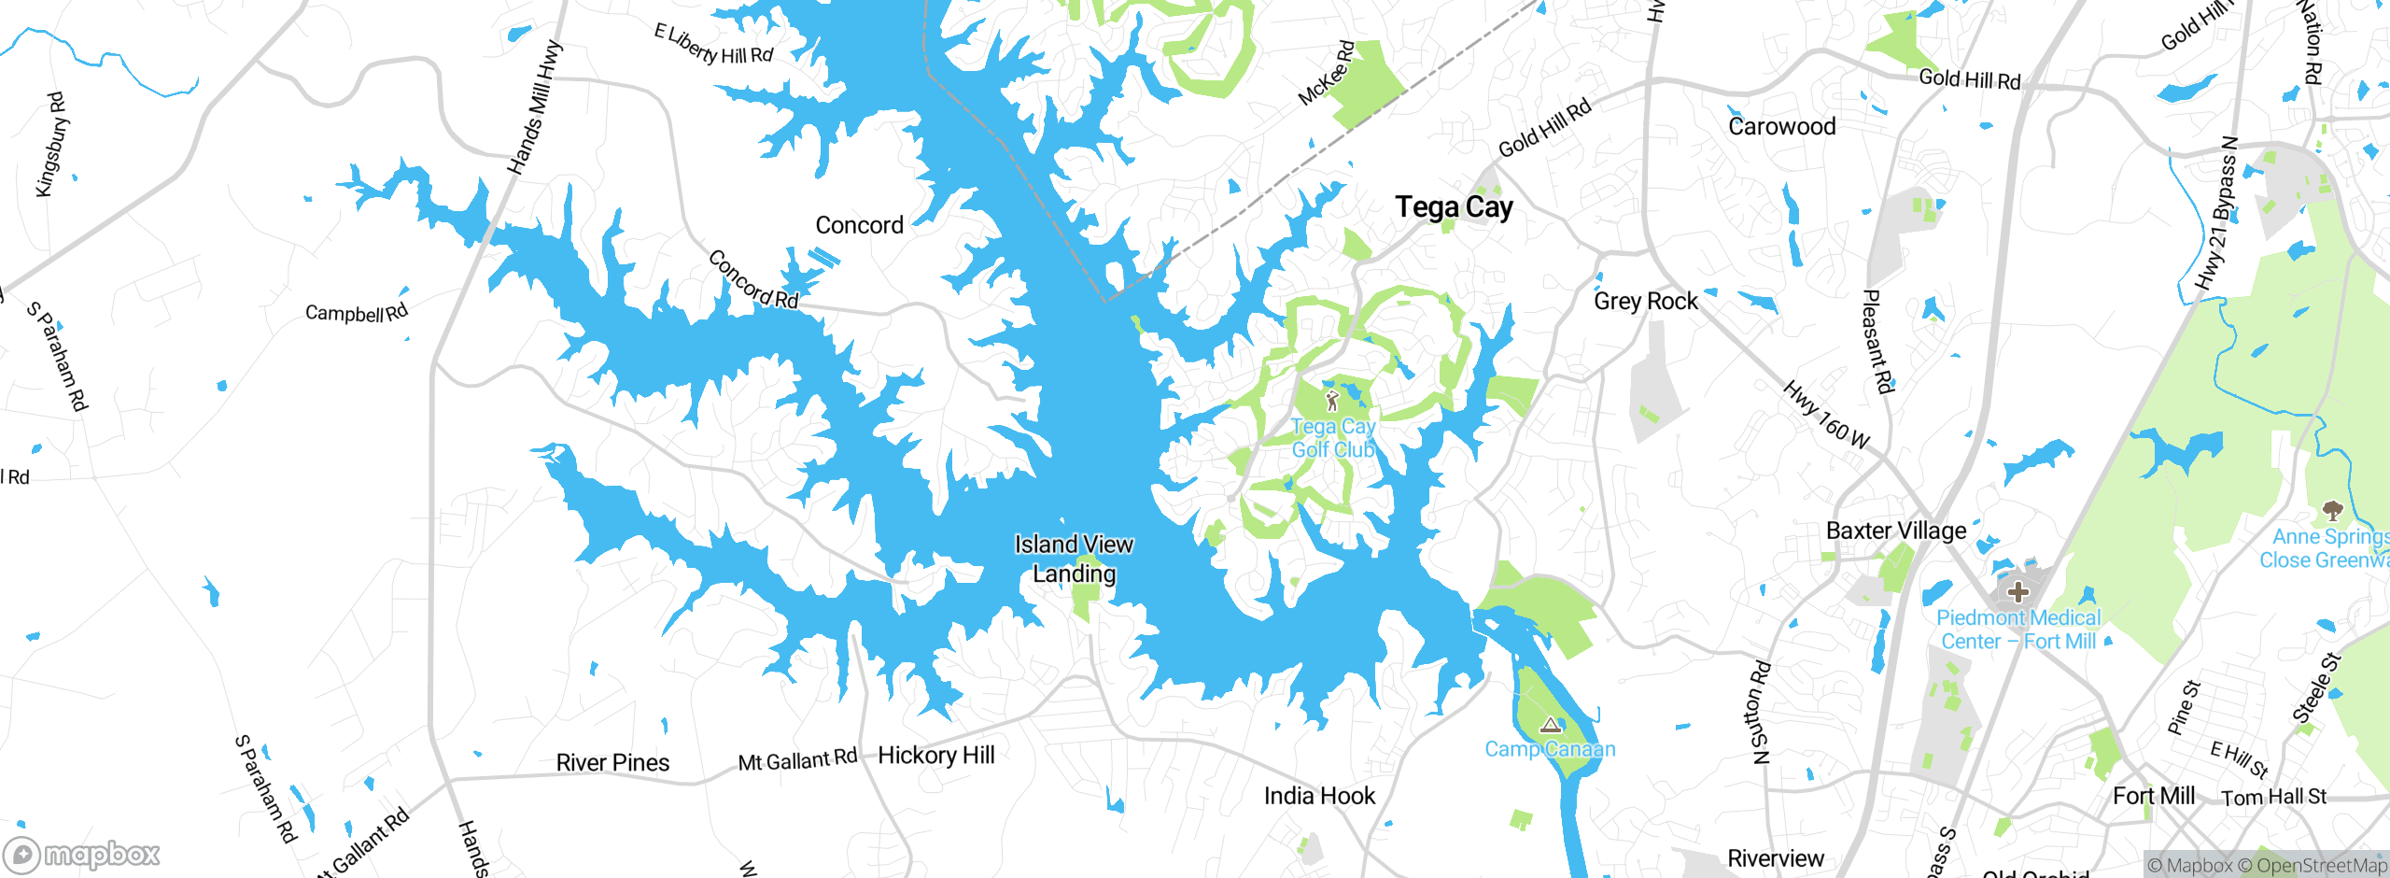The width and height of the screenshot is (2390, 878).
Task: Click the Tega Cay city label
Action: coord(1454,206)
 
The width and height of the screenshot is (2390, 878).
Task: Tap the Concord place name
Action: coord(859,225)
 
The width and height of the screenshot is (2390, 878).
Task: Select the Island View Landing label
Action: coord(1074,559)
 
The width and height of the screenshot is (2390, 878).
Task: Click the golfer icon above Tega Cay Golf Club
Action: coord(1332,401)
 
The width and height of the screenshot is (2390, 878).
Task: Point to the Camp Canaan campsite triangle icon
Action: coord(1551,725)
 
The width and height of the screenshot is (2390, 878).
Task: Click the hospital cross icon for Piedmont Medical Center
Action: coord(2017,591)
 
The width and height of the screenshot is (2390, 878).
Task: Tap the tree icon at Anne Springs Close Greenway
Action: coord(2332,510)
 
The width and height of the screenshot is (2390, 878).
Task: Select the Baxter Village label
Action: coord(1895,531)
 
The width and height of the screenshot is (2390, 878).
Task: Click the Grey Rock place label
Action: coord(1645,301)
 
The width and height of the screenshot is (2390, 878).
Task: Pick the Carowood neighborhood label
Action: coord(1781,126)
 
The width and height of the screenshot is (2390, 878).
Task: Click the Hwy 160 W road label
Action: coord(1825,415)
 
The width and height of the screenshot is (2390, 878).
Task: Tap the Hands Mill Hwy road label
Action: coord(535,107)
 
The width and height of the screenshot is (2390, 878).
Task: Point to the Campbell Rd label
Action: coord(357,313)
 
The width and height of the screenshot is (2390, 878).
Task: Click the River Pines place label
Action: coord(612,762)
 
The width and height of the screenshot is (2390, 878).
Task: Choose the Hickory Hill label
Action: coord(935,755)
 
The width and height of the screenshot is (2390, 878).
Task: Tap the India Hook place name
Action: coord(1318,796)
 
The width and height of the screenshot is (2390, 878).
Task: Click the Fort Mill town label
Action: coord(2153,796)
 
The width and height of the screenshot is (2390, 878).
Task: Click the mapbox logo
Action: coord(82,854)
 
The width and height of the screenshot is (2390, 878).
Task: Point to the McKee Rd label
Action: coord(1326,73)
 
